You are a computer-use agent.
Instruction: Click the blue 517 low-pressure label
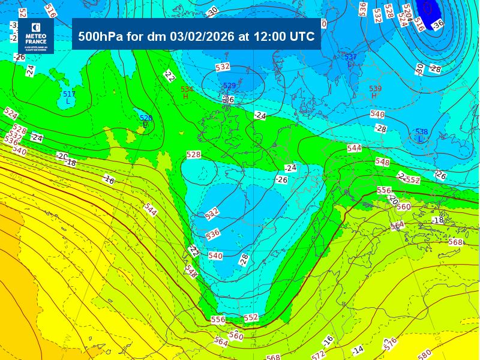(x=69, y=94)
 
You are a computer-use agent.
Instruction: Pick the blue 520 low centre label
(x=146, y=118)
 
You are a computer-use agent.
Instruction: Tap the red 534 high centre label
(x=187, y=89)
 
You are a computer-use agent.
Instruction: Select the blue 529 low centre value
(x=229, y=86)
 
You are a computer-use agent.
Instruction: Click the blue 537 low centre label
(x=351, y=57)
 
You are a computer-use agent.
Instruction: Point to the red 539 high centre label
(x=375, y=88)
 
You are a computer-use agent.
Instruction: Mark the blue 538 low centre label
(x=421, y=131)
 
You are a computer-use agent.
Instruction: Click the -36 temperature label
(x=438, y=24)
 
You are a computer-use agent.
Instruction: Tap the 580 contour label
(x=424, y=355)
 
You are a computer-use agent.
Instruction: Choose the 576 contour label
(x=391, y=343)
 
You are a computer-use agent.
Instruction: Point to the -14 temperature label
(x=358, y=349)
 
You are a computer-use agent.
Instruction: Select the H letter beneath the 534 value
(x=186, y=96)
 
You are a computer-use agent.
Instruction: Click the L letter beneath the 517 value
(x=68, y=101)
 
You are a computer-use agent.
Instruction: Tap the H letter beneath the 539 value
(x=374, y=95)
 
